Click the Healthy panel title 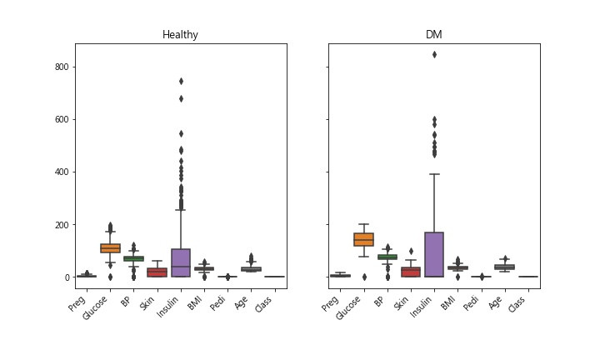(x=181, y=35)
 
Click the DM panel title (x=433, y=35)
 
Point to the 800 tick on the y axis (x=61, y=67)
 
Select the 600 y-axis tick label (x=61, y=119)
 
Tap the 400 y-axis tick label (x=61, y=172)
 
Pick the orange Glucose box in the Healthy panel (x=111, y=247)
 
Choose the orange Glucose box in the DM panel (x=363, y=239)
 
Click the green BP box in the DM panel (x=387, y=257)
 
